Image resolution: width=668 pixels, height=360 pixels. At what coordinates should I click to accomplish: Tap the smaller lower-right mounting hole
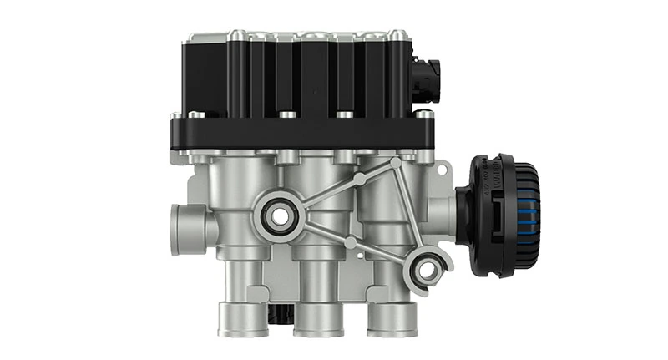click(427, 269)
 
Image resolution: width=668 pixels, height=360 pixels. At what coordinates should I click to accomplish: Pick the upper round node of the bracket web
click(358, 177)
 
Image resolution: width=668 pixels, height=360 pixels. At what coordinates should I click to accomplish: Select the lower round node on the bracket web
click(352, 242)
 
